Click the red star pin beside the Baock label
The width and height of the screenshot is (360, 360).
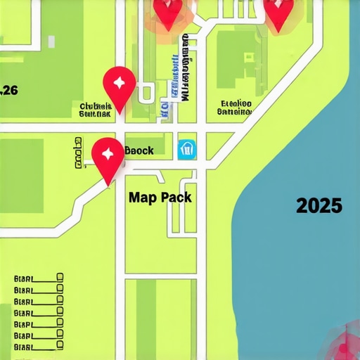pos(108,153)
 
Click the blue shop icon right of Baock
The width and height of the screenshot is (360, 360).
pos(186,149)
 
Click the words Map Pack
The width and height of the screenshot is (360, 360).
pos(160,198)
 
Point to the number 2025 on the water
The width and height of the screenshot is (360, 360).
pos(319,206)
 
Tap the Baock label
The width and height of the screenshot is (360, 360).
pos(139,150)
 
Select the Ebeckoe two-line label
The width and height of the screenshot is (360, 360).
pos(234,106)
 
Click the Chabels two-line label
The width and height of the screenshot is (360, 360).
pos(96,109)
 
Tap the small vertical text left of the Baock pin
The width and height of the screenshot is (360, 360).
pos(77,153)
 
